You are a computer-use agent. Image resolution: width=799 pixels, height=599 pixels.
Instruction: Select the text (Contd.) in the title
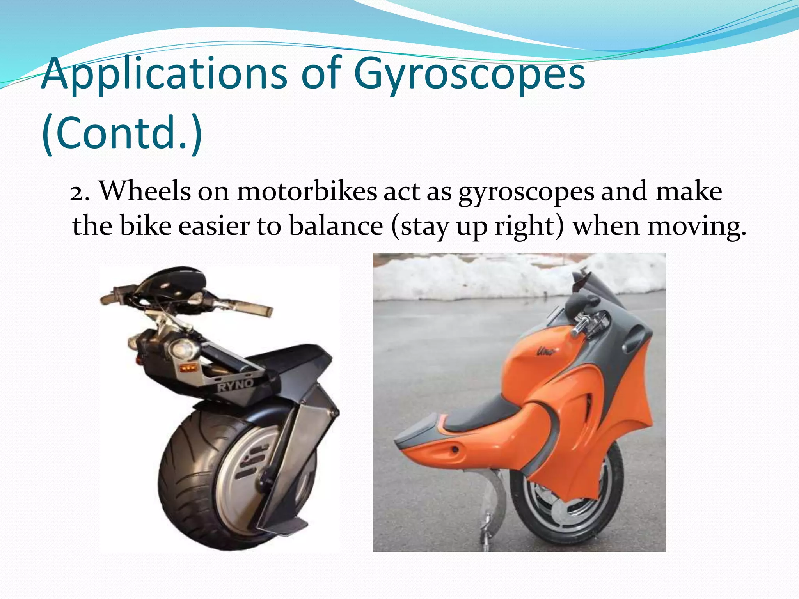[x=122, y=133]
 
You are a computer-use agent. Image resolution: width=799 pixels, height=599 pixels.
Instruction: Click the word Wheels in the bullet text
[x=145, y=192]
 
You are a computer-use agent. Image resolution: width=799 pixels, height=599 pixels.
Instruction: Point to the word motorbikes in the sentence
[x=307, y=192]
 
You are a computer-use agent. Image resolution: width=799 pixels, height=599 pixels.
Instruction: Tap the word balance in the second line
[x=336, y=226]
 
